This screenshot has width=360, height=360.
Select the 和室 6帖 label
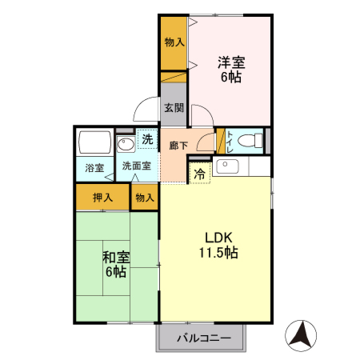click(x=115, y=264)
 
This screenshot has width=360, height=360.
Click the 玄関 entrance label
click(x=174, y=108)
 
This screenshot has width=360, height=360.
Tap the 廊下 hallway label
click(x=178, y=146)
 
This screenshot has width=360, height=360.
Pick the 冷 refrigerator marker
click(x=198, y=171)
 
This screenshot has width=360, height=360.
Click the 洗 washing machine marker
click(x=147, y=140)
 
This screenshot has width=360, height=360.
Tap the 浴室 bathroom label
click(x=95, y=168)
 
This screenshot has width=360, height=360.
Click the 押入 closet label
click(x=102, y=196)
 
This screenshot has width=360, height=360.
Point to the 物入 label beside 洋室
click(x=174, y=42)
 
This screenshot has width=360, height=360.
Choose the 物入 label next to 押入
click(x=145, y=197)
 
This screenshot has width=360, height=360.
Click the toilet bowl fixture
click(x=252, y=141)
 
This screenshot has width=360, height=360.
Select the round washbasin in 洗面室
click(x=126, y=145)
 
